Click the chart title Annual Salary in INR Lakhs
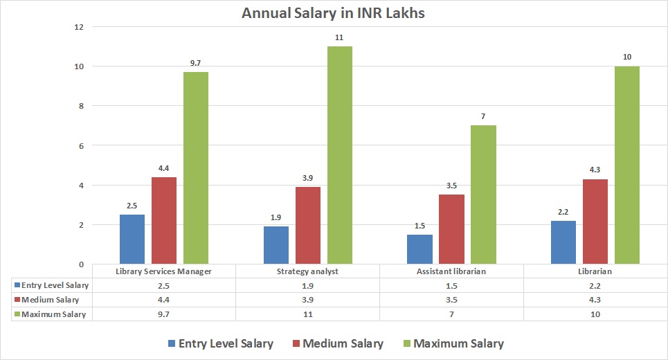pyautogui.click(x=334, y=12)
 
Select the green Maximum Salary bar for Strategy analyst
pyautogui.click(x=339, y=155)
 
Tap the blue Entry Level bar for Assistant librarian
pyautogui.click(x=419, y=249)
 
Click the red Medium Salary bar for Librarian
pyautogui.click(x=595, y=222)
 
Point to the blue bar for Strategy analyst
pyautogui.click(x=276, y=245)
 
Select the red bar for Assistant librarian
pyautogui.click(x=451, y=229)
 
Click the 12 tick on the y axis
pyautogui.click(x=79, y=27)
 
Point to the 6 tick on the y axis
pyautogui.click(x=81, y=146)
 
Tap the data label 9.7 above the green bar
pyautogui.click(x=195, y=63)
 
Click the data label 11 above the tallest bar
pyautogui.click(x=339, y=37)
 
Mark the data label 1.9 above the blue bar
pyautogui.click(x=276, y=217)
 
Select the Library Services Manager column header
pyautogui.click(x=163, y=271)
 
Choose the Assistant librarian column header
pyautogui.click(x=451, y=271)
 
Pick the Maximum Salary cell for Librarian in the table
pyautogui.click(x=595, y=314)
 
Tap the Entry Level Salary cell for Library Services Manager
pyautogui.click(x=163, y=285)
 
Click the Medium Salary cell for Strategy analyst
pyautogui.click(x=307, y=300)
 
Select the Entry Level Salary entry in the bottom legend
pyautogui.click(x=219, y=343)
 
